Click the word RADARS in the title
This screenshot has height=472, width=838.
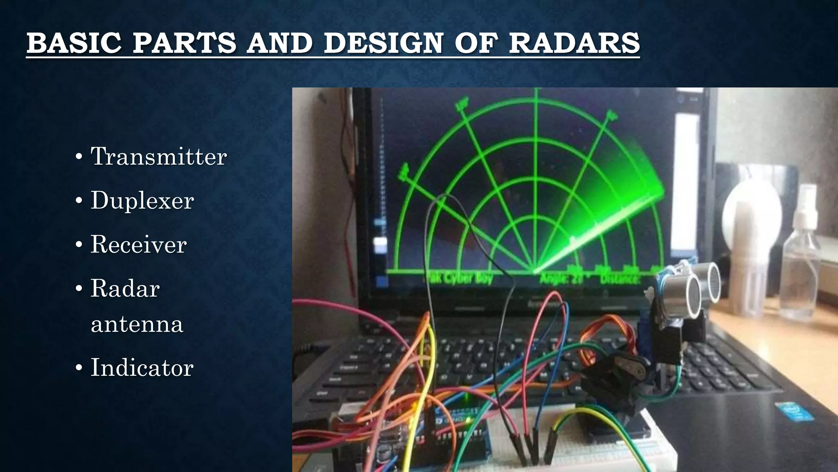pos(574,43)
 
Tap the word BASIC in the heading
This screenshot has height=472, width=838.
pos(74,43)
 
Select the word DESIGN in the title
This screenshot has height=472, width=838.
pos(383,43)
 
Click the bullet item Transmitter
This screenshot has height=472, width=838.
pos(158,157)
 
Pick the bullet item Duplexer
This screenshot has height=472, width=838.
pos(142,200)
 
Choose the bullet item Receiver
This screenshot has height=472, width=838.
pos(138,244)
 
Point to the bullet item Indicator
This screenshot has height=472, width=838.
pos(142,367)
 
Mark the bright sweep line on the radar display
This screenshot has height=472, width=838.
pos(593,234)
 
